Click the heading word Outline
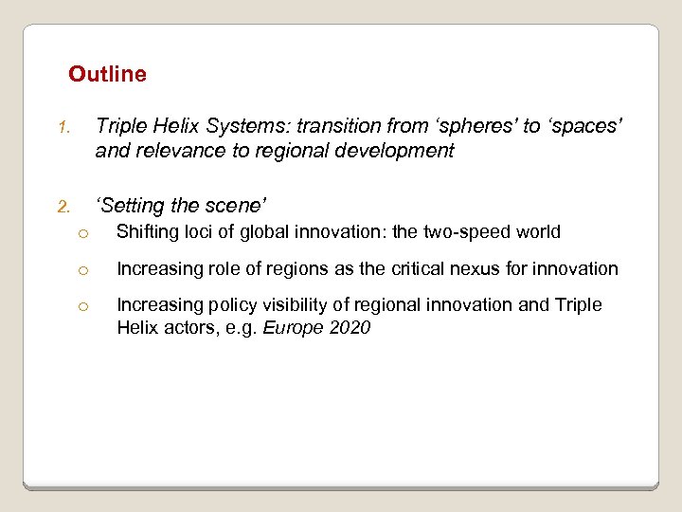tap(107, 74)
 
